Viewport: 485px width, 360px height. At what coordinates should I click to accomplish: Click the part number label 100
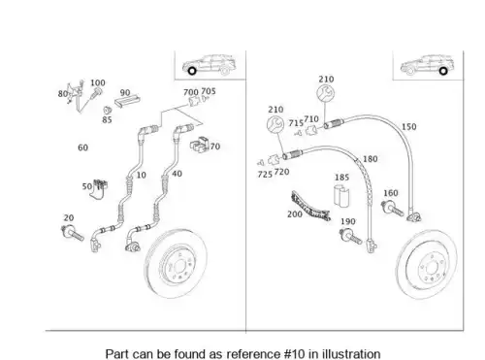click(98, 82)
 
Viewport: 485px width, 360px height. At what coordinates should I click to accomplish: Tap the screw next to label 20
click(73, 234)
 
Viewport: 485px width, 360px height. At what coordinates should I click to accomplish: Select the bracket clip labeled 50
click(99, 189)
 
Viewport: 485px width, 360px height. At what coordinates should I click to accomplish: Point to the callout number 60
click(82, 147)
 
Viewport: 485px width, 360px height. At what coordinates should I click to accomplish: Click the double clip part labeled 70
click(199, 145)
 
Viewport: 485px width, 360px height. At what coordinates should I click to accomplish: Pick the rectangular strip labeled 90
click(127, 102)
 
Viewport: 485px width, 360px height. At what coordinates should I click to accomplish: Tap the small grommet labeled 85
click(108, 110)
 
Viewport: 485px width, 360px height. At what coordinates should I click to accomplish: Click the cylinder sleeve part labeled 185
click(341, 195)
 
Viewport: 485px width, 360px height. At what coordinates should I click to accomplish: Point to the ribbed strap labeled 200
click(310, 207)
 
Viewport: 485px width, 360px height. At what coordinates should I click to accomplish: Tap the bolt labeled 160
click(393, 208)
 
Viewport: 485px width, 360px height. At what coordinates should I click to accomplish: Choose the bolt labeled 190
click(350, 236)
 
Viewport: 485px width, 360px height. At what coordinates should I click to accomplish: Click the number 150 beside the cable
click(408, 127)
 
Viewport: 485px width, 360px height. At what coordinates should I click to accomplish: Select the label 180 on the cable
click(370, 159)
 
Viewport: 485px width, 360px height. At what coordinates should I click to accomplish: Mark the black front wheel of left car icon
click(192, 71)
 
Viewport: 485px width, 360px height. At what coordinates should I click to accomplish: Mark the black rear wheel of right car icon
click(443, 71)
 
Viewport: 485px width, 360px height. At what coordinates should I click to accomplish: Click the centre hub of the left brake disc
click(179, 267)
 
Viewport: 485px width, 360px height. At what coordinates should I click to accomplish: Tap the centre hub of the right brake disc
click(431, 268)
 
